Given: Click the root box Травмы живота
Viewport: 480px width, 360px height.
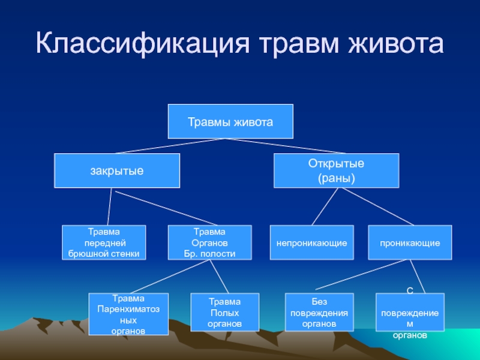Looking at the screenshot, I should [x=230, y=122].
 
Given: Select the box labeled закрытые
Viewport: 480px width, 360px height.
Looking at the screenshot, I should [x=117, y=170].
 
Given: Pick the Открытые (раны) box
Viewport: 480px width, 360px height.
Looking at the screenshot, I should [x=336, y=170].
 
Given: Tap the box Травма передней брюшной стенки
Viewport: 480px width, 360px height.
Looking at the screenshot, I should [x=104, y=242].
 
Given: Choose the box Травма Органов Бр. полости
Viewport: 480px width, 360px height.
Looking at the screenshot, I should [x=209, y=242].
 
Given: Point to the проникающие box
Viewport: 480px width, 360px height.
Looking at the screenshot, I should [x=409, y=242].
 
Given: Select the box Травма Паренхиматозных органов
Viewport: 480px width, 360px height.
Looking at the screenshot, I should [x=128, y=314].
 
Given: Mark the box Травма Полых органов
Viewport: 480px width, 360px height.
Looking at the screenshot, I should [x=224, y=313].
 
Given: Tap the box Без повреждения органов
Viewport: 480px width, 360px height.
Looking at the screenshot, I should [x=320, y=313].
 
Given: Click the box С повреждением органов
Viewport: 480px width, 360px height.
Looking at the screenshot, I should [x=410, y=314].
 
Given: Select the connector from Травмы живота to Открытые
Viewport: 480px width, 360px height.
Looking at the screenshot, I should [x=288, y=146].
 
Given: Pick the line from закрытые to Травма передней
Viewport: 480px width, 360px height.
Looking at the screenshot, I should [x=109, y=207].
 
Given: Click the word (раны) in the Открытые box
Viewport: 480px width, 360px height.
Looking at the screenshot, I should [x=336, y=178].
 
